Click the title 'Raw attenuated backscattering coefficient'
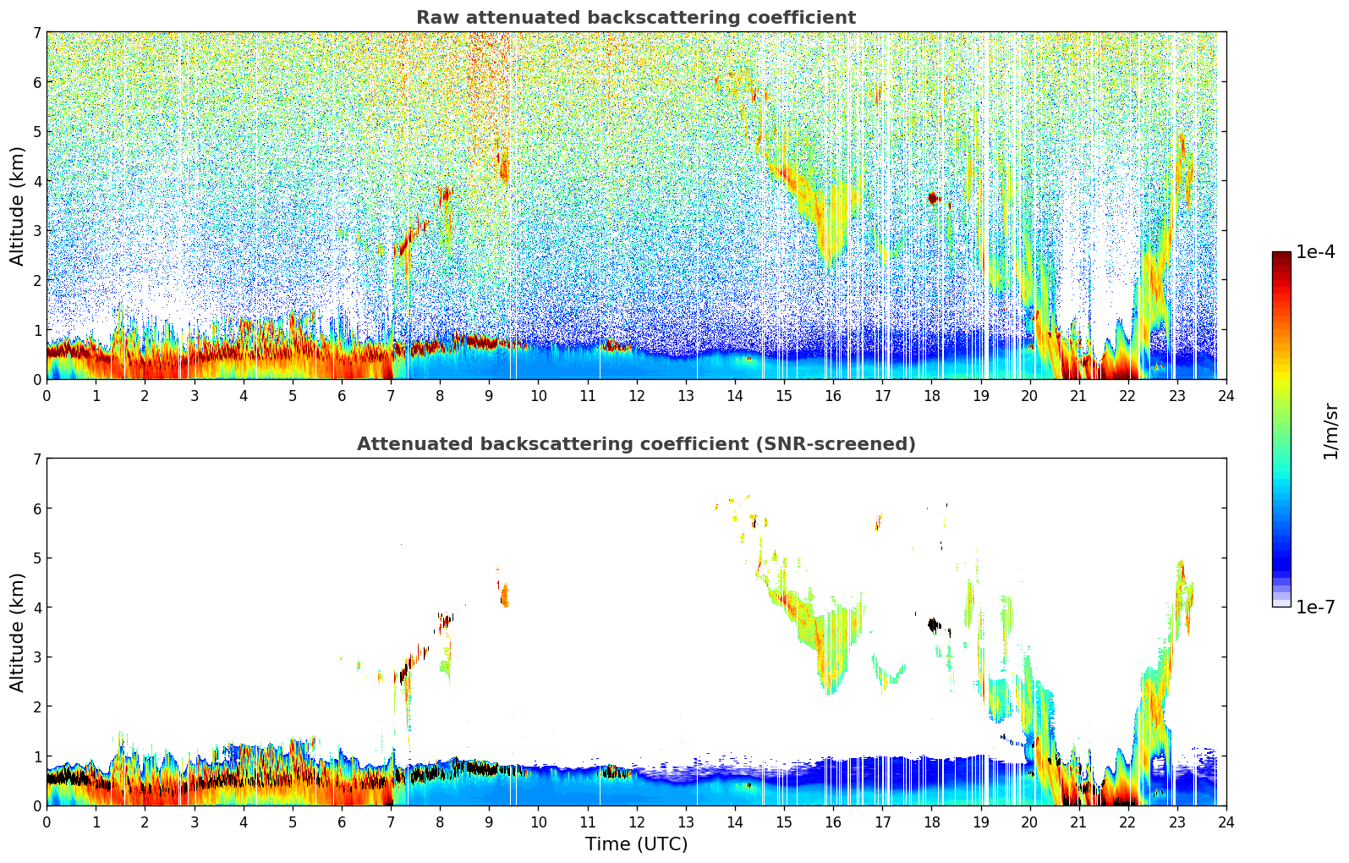(635, 18)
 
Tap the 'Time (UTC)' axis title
(636, 844)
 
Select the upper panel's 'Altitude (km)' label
(18, 206)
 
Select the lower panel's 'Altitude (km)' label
(18, 632)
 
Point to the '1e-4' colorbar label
(1315, 252)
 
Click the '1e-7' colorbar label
(1315, 607)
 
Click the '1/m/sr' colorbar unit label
(1330, 431)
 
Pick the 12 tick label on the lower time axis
(636, 822)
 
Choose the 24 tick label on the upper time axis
(1226, 395)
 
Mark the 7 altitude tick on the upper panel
(36, 33)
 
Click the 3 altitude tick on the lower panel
(36, 657)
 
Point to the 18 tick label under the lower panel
(931, 822)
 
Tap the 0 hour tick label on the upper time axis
(47, 395)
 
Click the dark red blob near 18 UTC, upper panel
(933, 198)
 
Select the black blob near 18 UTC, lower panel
(933, 625)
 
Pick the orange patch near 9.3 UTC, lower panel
(505, 596)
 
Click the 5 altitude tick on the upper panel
(36, 132)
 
